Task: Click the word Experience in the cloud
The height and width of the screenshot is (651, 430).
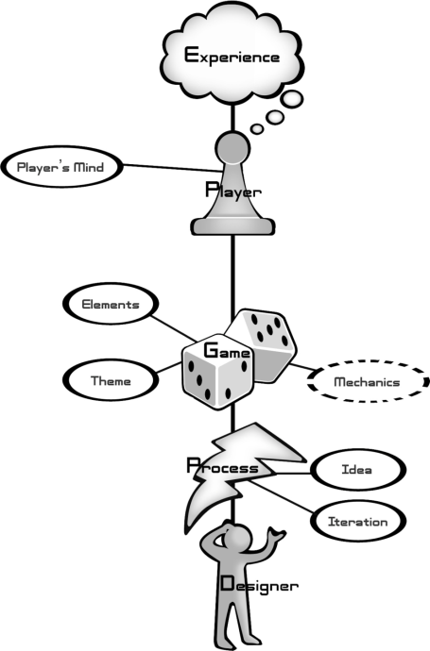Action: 232,56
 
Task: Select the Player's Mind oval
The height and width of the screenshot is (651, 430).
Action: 62,167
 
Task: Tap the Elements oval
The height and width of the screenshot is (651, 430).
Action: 111,304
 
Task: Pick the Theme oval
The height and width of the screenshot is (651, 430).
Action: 111,380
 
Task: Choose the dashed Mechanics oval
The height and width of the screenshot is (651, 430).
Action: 368,381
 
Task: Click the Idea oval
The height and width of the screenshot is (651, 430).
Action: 358,469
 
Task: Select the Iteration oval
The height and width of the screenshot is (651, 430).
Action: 358,521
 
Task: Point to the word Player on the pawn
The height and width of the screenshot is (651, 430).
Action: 233,191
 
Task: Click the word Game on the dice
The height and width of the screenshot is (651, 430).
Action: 227,350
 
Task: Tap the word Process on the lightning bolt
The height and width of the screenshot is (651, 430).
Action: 222,466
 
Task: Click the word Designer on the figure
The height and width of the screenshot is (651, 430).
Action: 259,584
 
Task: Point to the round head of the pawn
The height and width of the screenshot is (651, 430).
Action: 232,148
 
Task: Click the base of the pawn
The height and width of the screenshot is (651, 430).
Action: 232,226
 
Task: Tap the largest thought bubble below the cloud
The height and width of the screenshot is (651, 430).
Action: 291,99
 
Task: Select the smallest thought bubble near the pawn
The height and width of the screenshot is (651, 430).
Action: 257,128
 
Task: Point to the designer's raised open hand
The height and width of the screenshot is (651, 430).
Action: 276,534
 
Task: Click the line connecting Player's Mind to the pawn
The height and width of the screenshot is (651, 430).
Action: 172,168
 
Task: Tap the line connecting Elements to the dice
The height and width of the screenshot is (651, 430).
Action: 173,328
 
